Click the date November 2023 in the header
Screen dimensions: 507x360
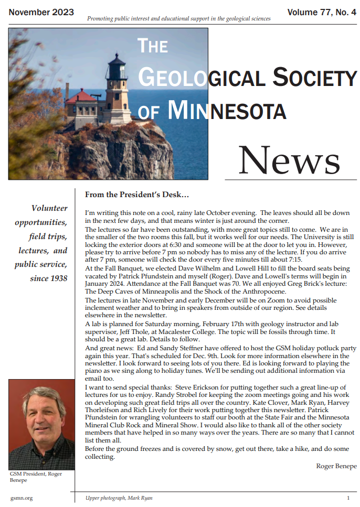point(41,12)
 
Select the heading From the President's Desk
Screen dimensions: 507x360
point(137,195)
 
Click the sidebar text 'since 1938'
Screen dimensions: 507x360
point(49,278)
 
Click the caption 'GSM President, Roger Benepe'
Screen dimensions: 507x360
point(36,477)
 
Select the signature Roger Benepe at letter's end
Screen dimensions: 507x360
point(335,466)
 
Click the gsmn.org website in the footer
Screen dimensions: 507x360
point(22,498)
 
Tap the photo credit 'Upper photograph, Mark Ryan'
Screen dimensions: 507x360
point(119,498)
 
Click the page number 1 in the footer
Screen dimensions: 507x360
point(348,498)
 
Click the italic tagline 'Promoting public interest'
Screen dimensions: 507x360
point(178,19)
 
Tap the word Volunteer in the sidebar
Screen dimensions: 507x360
point(49,208)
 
